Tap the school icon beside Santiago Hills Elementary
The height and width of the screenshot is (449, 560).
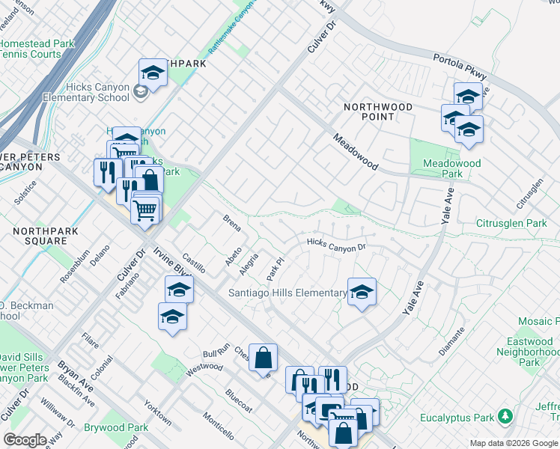(x=362, y=292)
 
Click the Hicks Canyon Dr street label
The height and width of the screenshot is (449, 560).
(x=336, y=244)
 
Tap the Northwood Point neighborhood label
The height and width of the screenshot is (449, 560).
(x=377, y=112)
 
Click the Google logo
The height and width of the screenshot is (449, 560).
(x=25, y=440)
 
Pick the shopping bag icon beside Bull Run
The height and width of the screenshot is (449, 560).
(x=264, y=357)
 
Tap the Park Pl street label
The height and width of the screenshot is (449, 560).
(x=276, y=269)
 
